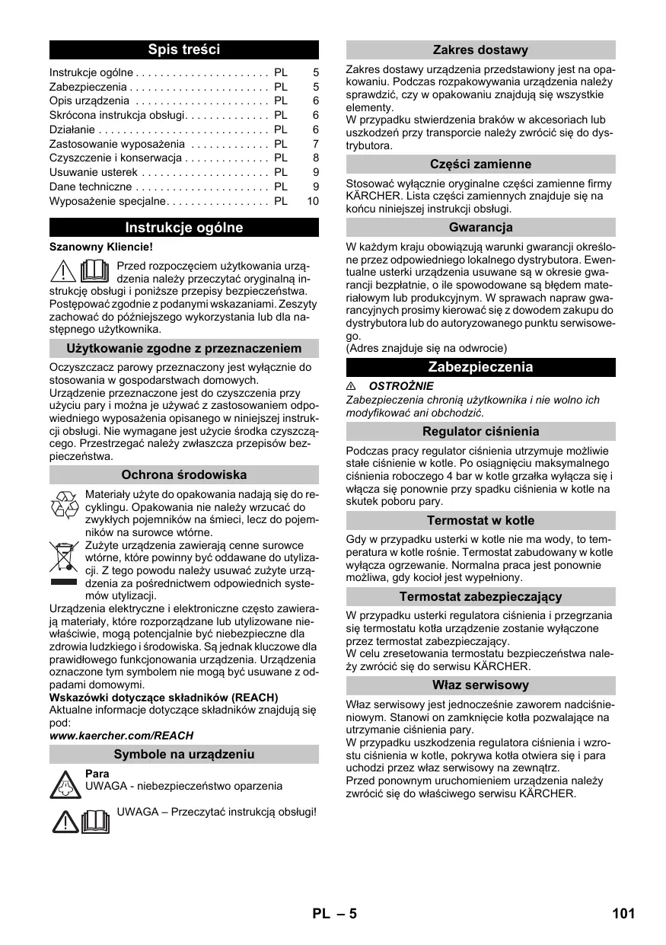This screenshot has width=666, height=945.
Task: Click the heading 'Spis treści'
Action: [183, 50]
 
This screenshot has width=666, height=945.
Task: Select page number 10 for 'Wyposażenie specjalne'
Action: [313, 202]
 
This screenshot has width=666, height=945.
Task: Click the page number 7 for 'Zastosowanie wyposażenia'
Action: [315, 144]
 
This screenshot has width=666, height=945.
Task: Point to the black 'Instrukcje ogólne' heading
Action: [183, 228]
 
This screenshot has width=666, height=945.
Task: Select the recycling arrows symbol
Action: [64, 505]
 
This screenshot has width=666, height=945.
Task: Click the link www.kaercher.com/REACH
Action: [121, 736]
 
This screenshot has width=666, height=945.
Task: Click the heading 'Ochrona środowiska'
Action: [183, 475]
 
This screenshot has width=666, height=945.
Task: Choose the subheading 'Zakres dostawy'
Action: [480, 50]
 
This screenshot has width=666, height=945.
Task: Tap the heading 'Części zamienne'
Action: [480, 164]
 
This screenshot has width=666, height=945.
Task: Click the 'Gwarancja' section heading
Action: [480, 228]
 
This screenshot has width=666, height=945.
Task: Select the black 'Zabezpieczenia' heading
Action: [480, 367]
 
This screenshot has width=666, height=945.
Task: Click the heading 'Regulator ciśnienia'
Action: [480, 432]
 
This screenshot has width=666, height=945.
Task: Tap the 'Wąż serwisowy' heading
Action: [480, 685]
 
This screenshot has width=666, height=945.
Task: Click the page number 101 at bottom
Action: [622, 914]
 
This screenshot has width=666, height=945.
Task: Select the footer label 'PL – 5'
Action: [333, 914]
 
